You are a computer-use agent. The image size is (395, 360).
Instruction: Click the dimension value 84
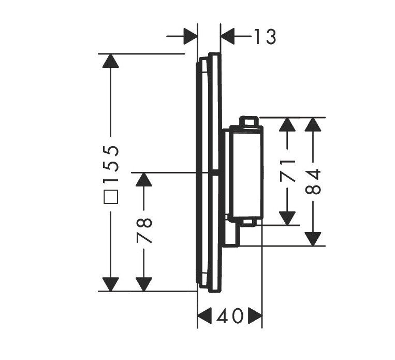point(313,181)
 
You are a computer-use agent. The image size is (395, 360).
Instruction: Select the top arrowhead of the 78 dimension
point(143,180)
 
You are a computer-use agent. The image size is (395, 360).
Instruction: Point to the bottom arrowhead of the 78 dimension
point(143,284)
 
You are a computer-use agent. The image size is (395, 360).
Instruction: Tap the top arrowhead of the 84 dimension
point(313,125)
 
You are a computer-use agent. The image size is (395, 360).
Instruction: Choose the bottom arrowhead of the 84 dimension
point(313,238)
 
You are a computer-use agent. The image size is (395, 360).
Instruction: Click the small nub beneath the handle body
point(247,222)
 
